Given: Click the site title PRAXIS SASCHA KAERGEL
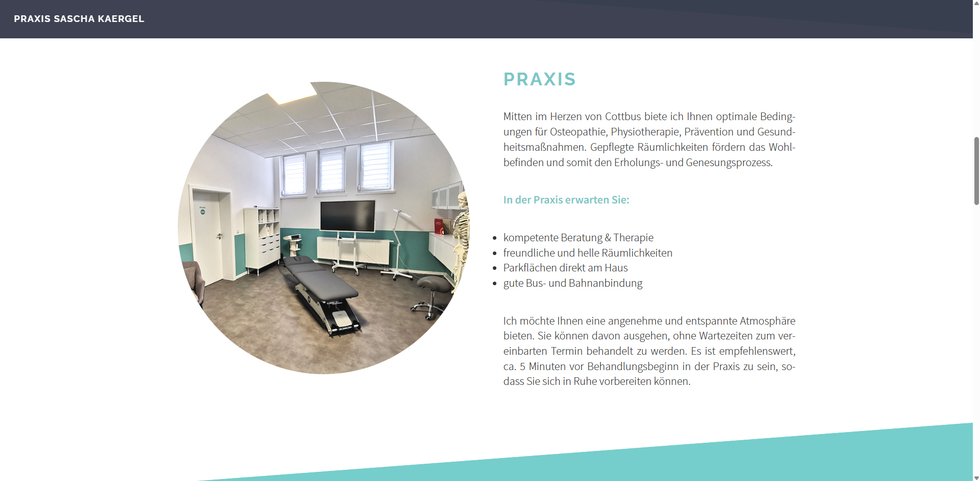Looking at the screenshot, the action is tap(79, 19).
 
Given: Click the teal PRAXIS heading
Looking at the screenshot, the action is tap(540, 79).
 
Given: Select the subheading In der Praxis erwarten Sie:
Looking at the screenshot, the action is tap(566, 200).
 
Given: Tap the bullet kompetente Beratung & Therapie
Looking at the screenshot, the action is tap(579, 238).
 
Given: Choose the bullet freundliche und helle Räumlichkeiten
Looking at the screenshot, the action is tap(588, 253).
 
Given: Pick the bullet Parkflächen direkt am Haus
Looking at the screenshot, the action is tap(566, 268).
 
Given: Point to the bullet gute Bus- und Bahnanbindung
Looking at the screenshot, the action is tap(573, 283).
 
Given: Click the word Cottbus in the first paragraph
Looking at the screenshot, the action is tap(623, 117).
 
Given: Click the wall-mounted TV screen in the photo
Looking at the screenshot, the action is tap(348, 216).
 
